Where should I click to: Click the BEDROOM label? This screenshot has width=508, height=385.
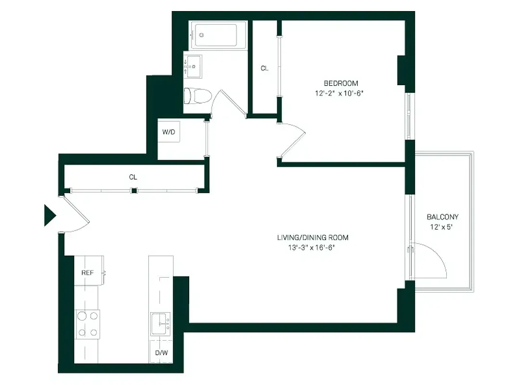coord(340,83)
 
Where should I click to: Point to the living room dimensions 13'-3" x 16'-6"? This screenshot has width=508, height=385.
coord(310,248)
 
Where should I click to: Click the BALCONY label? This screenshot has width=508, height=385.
coord(443,217)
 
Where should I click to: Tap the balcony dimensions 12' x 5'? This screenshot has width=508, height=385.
coord(442,227)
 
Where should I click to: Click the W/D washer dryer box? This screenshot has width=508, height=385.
coord(169,132)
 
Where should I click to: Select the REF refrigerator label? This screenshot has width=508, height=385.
coord(87,273)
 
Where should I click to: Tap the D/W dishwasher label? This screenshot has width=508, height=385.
coord(161,353)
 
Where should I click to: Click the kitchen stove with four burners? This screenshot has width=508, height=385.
coord(88,324)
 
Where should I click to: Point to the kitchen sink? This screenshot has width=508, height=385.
coord(160,324)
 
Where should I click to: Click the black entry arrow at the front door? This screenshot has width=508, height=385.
coord(50,215)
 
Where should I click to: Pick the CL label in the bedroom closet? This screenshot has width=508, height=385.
coord(264,68)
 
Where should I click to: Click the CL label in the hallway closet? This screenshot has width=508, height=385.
coord(133,177)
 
